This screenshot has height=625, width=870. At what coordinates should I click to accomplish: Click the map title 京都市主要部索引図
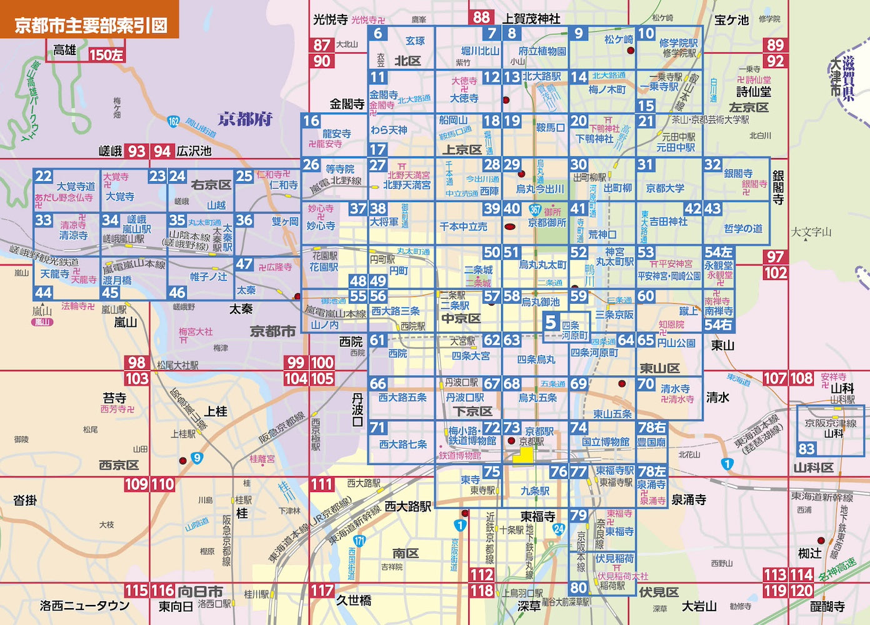coord(91,26)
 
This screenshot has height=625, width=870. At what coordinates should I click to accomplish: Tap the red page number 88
coord(481,17)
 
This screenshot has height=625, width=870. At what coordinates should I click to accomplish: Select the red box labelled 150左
coord(106,55)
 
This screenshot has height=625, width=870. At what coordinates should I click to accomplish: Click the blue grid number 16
coord(311,121)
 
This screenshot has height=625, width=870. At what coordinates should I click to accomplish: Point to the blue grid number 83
coord(806,449)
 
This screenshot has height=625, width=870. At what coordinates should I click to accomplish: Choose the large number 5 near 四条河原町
coord(551,322)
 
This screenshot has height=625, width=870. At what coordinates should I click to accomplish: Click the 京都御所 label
coord(547,222)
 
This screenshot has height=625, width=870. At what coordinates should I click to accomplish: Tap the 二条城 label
coord(478,270)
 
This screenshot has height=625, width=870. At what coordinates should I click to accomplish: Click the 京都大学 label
coord(665,188)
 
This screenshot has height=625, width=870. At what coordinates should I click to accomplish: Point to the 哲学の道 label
coord(743,228)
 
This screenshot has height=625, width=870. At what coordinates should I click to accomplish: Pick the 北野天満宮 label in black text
coord(406,185)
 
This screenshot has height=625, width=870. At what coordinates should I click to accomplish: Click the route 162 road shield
coord(173,121)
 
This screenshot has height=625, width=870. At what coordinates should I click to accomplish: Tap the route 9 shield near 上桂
coord(197,458)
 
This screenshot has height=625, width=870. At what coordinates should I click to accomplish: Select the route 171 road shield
coord(359,541)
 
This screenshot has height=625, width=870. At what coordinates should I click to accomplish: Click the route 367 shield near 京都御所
coord(535,210)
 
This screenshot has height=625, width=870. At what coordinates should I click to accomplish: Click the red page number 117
coord(322,591)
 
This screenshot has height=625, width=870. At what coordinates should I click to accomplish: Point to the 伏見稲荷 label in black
coord(614,558)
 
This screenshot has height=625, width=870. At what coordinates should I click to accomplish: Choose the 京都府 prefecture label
coord(245,119)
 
